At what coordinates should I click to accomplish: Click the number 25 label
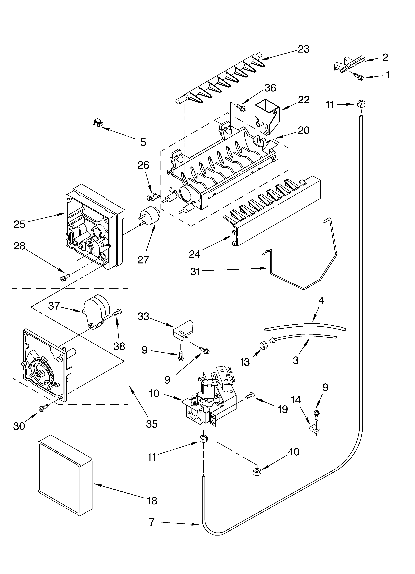pos(19,224)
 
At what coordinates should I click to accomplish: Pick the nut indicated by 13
pos(263,345)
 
